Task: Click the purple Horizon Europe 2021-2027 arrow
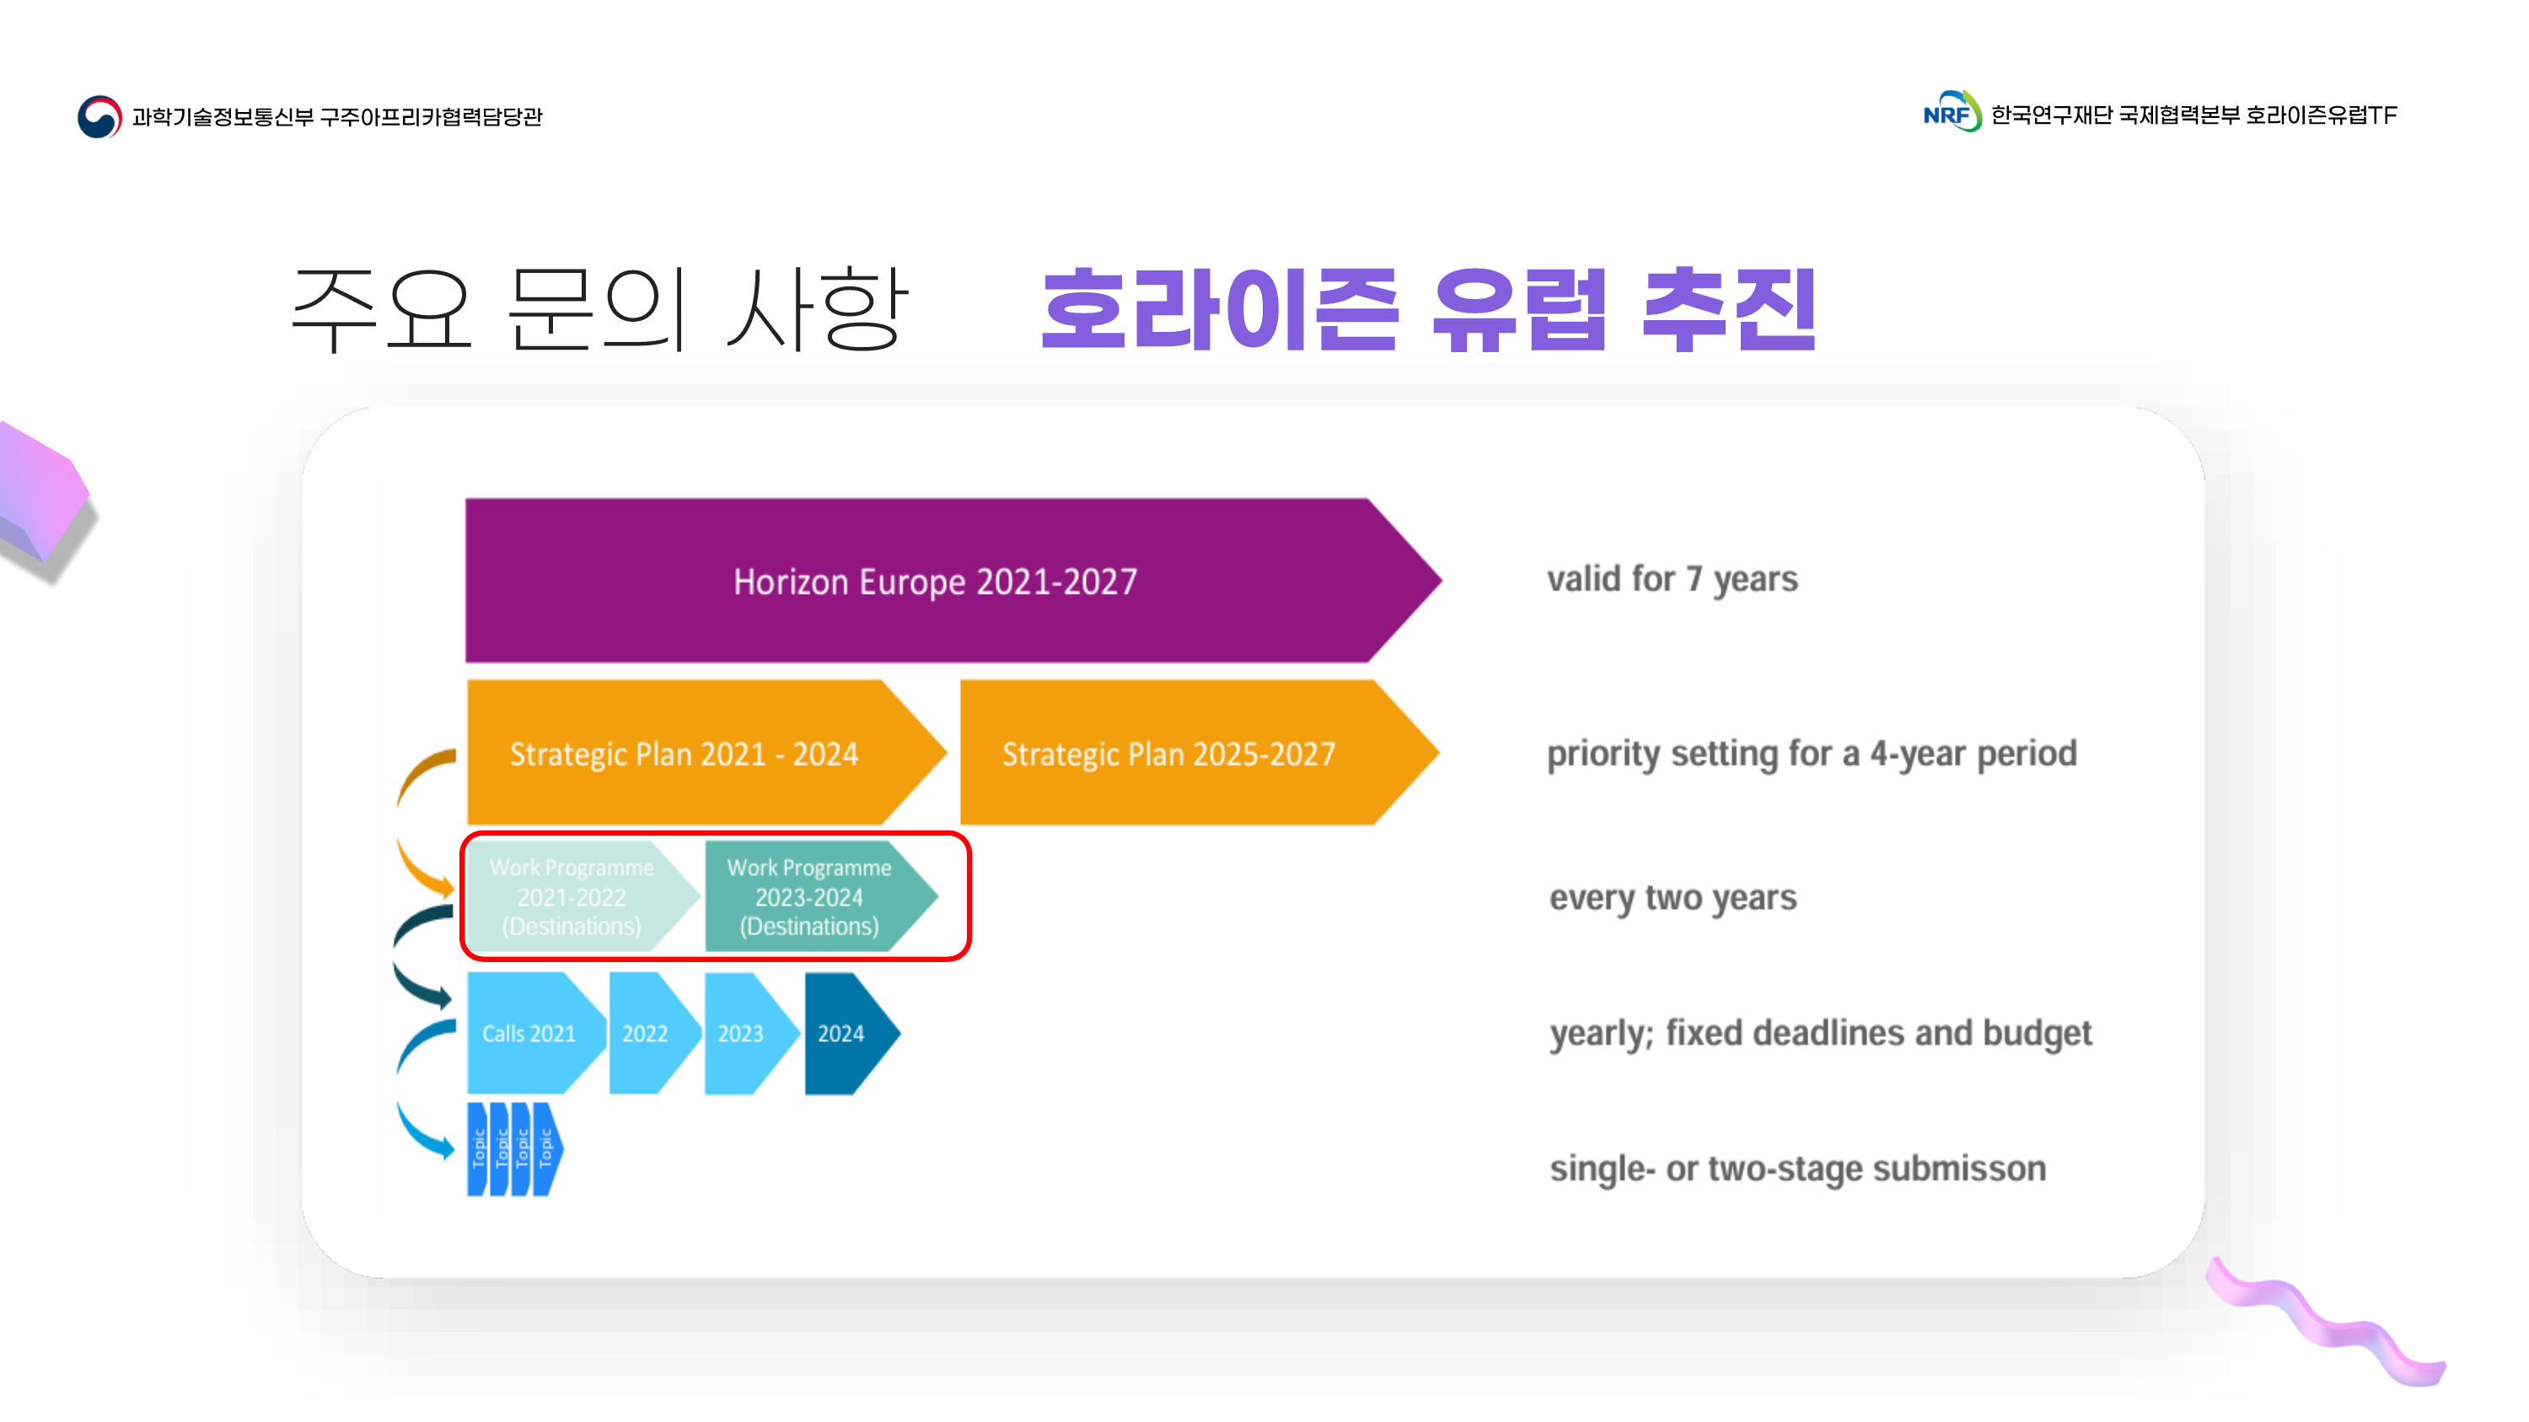point(932,581)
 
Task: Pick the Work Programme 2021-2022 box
point(572,896)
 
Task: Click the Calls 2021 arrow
point(529,1033)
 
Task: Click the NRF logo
point(1951,113)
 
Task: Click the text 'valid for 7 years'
point(1672,579)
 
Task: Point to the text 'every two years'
point(1673,897)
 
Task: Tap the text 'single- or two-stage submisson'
point(1797,1168)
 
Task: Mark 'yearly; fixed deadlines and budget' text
point(1820,1033)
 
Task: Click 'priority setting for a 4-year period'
point(1812,753)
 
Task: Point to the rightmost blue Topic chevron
point(547,1148)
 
